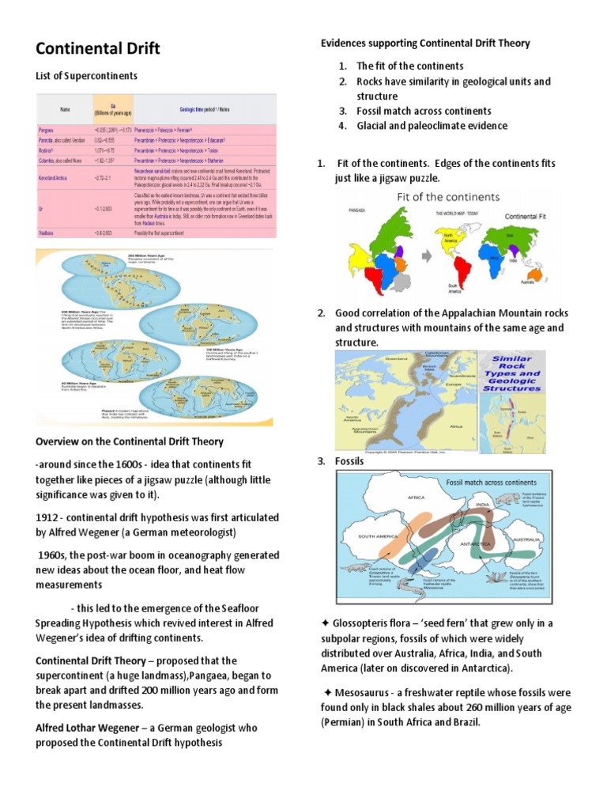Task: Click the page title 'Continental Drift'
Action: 98,49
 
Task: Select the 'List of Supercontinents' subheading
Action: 87,76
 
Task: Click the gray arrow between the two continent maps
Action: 424,255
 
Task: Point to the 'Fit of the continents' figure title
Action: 432,197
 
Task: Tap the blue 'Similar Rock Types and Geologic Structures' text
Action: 511,373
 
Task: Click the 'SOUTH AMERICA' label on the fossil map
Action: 378,536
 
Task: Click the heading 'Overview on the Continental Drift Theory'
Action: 130,441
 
